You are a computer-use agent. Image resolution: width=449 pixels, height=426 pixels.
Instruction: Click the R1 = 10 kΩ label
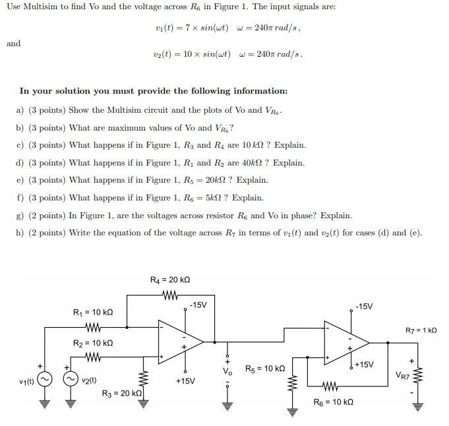93,311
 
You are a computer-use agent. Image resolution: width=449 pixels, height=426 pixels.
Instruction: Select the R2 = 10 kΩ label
93,343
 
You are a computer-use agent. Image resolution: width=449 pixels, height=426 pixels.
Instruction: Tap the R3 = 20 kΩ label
122,394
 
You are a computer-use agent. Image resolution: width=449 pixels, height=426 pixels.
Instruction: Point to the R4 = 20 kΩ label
171,280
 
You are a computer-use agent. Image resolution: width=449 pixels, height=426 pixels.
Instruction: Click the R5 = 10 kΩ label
265,369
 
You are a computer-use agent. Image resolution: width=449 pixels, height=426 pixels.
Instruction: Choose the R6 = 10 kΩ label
334,402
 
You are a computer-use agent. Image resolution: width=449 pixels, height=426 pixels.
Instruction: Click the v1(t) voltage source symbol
44,380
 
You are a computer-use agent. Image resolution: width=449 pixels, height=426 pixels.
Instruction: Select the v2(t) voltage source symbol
71,380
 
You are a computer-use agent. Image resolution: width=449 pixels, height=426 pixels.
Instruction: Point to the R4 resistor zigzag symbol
171,295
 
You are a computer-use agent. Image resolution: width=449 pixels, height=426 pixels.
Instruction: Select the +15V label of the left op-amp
185,380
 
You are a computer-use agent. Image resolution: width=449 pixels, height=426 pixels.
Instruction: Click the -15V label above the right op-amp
364,307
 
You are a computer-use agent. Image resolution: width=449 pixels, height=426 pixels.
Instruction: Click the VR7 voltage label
403,377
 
